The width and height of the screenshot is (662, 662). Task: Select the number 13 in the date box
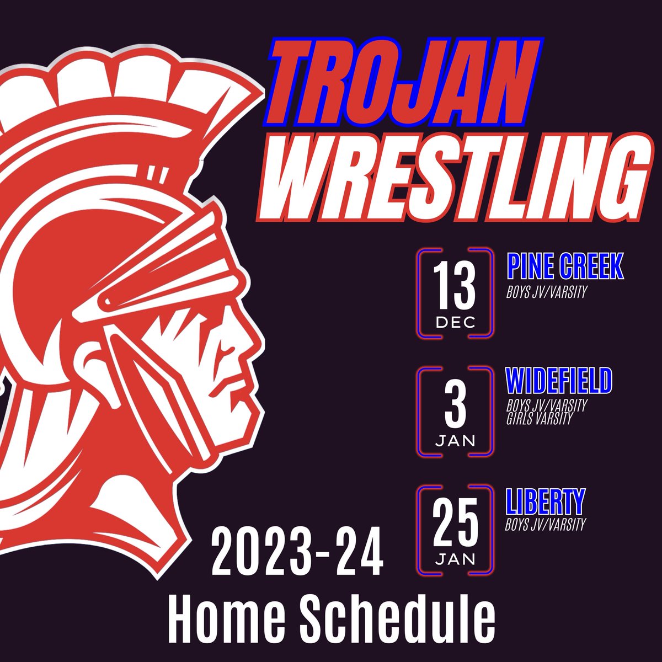point(454,287)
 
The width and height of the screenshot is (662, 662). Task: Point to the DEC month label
point(455,322)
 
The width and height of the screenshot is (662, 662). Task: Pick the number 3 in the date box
point(455,406)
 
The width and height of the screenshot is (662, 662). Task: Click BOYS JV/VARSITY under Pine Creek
point(544,292)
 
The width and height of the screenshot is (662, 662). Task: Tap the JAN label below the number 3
point(455,441)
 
